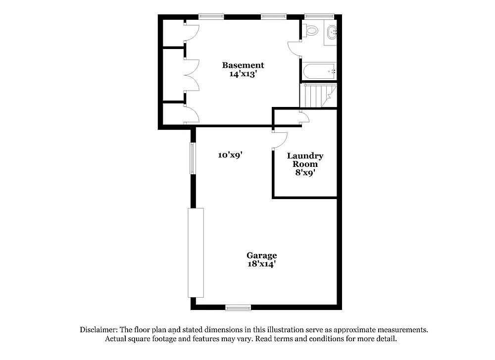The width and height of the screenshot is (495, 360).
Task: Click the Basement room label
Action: [x=243, y=65]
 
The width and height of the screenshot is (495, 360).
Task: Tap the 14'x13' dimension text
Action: [x=243, y=74]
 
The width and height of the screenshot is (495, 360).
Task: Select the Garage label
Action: [x=261, y=256]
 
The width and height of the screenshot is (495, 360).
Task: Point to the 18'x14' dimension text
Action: [x=261, y=264]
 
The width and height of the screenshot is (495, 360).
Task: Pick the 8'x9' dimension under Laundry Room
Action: [x=305, y=173]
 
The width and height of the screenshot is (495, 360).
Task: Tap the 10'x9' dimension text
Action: [x=230, y=155]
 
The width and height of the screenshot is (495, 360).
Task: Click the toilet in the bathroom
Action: [x=311, y=30]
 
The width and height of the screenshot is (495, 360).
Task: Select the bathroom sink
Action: [x=332, y=32]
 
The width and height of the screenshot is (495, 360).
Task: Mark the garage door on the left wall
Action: [x=196, y=253]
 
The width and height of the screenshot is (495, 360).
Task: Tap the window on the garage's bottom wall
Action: [x=238, y=308]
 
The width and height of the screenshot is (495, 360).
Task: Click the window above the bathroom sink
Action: [x=319, y=16]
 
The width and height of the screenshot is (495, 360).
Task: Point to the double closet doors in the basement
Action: [x=191, y=75]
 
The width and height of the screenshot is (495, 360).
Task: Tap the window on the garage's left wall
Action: [x=193, y=158]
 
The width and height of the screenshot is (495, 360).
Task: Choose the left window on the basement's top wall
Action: [x=211, y=16]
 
